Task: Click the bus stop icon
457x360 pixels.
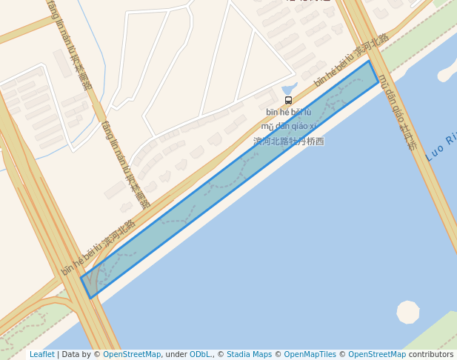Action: (x=288, y=100)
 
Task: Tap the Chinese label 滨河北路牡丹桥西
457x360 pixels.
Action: (x=289, y=141)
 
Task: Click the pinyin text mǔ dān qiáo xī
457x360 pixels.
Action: (x=289, y=126)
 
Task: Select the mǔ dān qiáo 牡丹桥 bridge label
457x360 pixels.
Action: (x=398, y=112)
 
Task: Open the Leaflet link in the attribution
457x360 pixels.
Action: (x=42, y=354)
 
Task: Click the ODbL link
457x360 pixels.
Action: (x=201, y=354)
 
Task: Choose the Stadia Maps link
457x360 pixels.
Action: (x=249, y=354)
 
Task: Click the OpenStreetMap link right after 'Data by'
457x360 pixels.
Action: (x=132, y=354)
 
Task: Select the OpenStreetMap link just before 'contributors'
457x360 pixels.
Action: (x=377, y=354)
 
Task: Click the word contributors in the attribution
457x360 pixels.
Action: (x=431, y=354)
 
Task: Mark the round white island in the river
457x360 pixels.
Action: (x=408, y=312)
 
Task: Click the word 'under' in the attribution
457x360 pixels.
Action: (x=176, y=354)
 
